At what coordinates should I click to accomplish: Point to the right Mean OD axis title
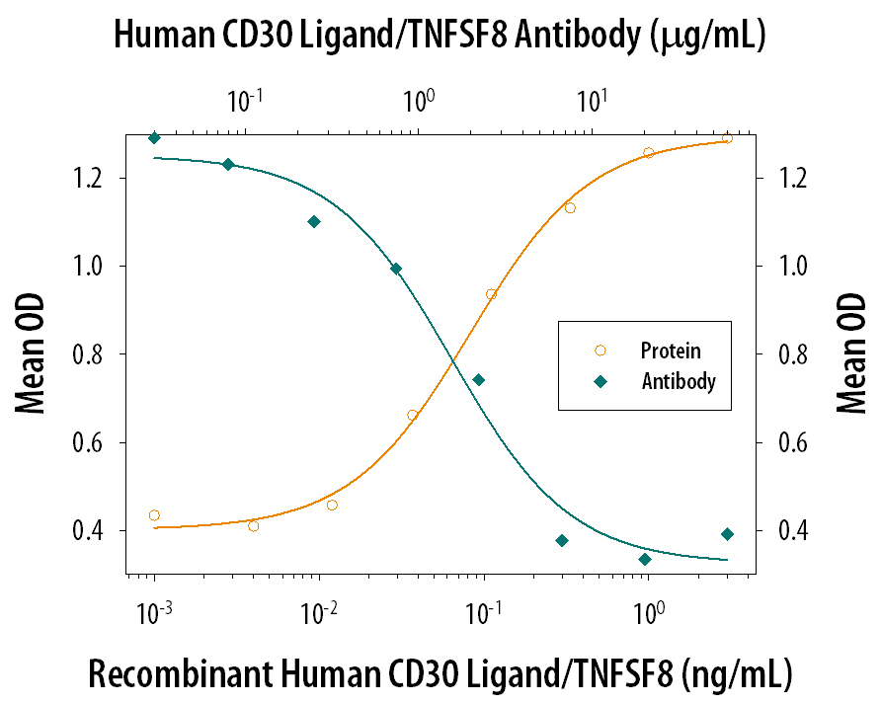[851, 353]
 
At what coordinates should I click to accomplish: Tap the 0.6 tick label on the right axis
[779, 442]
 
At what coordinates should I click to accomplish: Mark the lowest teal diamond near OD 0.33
[645, 559]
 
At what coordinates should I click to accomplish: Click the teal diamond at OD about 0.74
[479, 379]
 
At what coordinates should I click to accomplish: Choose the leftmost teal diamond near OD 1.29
[154, 138]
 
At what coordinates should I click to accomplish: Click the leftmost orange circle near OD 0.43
[154, 515]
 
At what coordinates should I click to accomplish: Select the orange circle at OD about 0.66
[413, 415]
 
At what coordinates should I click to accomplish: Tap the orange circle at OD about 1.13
[570, 207]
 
